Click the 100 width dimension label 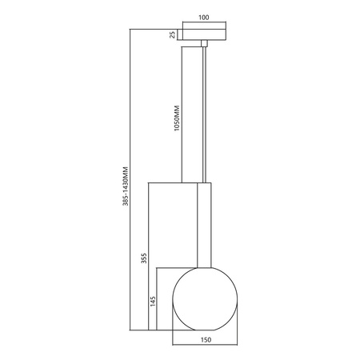(x=203, y=16)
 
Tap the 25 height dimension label (x=172, y=34)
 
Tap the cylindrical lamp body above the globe (x=203, y=224)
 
